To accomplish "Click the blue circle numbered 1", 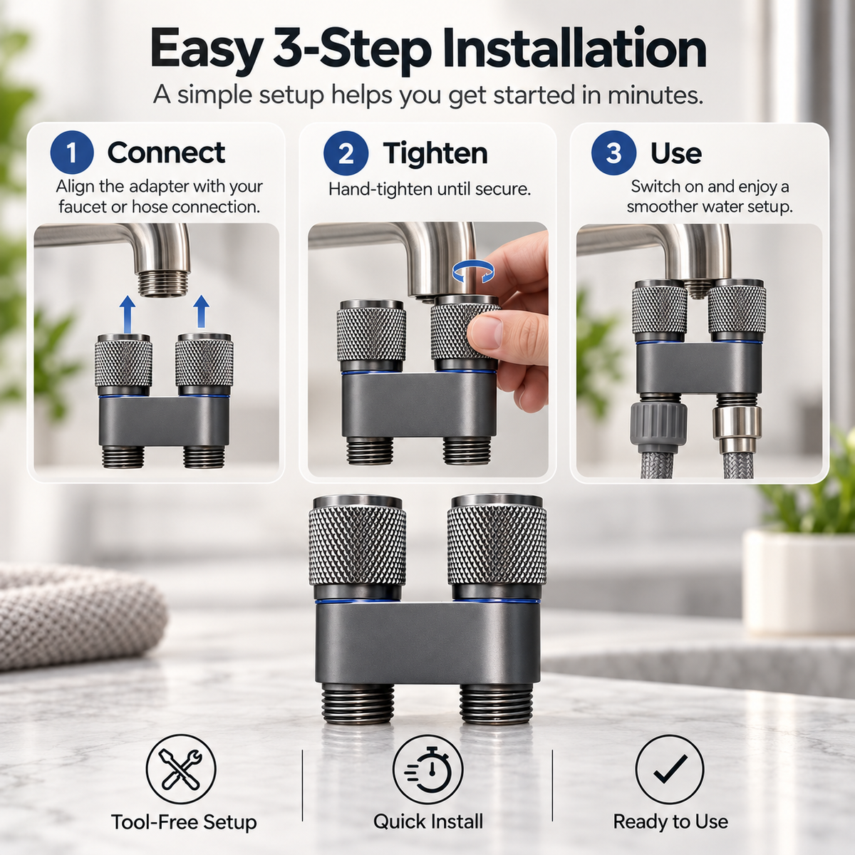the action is pyautogui.click(x=72, y=152).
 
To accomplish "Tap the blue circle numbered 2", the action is pyautogui.click(x=346, y=153).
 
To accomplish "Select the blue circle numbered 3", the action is pyautogui.click(x=613, y=153).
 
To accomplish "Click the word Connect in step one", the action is pyautogui.click(x=167, y=152).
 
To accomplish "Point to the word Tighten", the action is pyautogui.click(x=435, y=153).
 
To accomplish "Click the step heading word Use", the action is pyautogui.click(x=676, y=153).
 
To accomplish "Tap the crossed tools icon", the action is pyautogui.click(x=181, y=769).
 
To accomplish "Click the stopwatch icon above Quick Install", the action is pyautogui.click(x=427, y=769).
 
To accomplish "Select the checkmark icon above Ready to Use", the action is pyautogui.click(x=670, y=769).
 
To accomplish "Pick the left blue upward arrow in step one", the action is pyautogui.click(x=128, y=314).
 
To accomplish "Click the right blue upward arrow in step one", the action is pyautogui.click(x=202, y=311).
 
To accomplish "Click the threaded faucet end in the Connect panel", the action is pyautogui.click(x=164, y=282).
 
